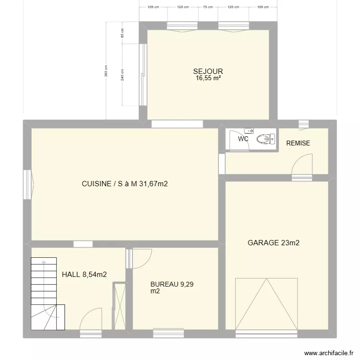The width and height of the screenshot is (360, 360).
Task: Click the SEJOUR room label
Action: coord(208,72)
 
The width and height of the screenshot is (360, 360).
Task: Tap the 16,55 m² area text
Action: coord(208,78)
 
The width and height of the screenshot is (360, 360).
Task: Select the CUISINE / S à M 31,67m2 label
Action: coord(125,184)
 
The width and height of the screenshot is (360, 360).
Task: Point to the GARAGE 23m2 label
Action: coord(274,243)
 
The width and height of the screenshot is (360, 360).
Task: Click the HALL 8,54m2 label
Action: coord(84,275)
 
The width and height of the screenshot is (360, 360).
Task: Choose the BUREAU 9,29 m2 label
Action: coord(172,288)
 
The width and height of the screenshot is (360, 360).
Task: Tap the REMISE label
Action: coord(298,143)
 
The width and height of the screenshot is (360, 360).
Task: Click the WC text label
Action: coord(243,139)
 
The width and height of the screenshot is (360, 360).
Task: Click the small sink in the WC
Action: coord(249,131)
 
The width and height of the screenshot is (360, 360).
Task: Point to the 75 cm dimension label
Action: coord(208,7)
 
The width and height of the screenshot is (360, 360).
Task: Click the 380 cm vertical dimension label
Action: coord(106,71)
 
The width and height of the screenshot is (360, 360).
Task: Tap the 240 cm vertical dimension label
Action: coord(122,75)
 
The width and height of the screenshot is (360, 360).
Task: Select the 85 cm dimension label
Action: coord(122,33)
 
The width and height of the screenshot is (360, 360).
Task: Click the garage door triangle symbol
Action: coord(266,304)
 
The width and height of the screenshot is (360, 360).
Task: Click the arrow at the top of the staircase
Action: coord(44,262)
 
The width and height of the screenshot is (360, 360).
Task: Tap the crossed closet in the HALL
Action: coord(120,307)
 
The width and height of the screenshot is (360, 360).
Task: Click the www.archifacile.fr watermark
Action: coord(329,353)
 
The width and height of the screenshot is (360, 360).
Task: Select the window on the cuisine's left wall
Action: coord(27,184)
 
